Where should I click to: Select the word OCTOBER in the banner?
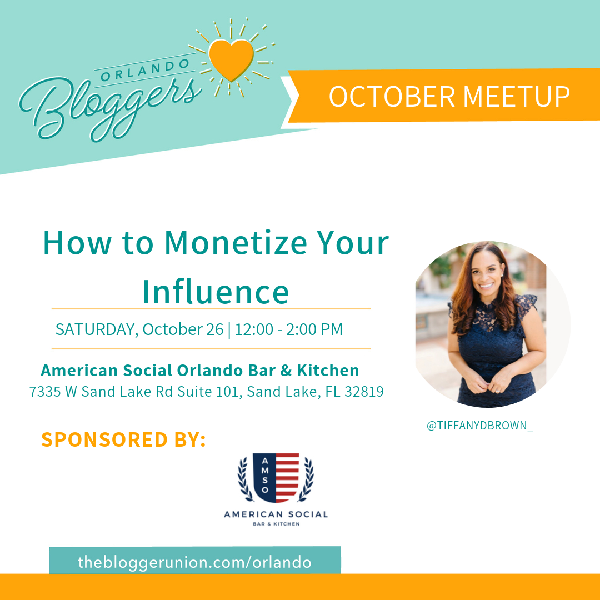click(392, 97)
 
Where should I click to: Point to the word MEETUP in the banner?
click(517, 97)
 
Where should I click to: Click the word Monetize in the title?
click(236, 243)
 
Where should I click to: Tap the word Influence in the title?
click(216, 292)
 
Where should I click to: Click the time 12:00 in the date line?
click(254, 329)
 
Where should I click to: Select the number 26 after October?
click(214, 329)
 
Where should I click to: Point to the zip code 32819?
click(364, 392)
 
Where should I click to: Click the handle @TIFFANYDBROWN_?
click(480, 426)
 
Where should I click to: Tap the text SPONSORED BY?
click(123, 439)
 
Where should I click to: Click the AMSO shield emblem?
click(276, 478)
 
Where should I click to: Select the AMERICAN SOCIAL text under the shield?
click(276, 514)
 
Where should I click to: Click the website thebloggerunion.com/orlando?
click(195, 562)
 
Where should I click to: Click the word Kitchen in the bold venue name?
click(328, 371)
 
